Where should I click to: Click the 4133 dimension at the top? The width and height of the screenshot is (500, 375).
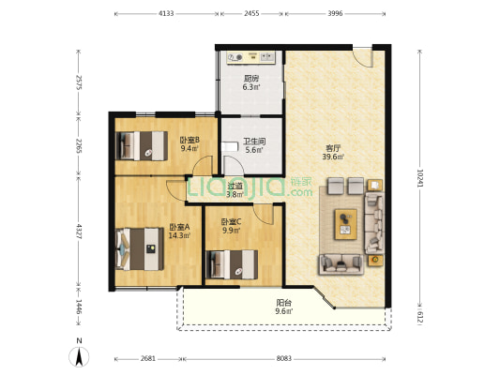(x=166, y=14)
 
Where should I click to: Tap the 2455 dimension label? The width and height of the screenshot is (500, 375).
(x=251, y=14)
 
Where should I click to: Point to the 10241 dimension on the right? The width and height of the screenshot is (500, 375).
(x=420, y=178)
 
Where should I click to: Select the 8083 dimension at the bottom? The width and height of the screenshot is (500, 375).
(x=284, y=359)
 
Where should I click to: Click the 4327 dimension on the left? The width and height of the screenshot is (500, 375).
(x=79, y=232)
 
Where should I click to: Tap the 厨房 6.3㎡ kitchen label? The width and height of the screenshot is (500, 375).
(x=251, y=82)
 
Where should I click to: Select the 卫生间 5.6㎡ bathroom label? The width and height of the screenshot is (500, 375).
(x=254, y=145)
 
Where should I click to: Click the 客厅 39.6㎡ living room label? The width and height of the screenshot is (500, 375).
(x=333, y=152)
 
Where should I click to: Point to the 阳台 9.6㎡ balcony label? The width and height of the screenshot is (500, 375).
(x=284, y=307)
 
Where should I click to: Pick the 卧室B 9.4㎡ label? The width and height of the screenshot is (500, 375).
(x=189, y=144)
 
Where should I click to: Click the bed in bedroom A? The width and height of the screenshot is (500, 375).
(x=140, y=248)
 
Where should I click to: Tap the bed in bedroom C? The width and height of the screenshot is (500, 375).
(x=232, y=264)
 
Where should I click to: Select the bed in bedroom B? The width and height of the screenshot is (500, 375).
(x=142, y=146)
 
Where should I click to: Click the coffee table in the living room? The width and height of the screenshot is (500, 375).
(x=345, y=224)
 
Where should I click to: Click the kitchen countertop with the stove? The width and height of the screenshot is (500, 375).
(x=250, y=58)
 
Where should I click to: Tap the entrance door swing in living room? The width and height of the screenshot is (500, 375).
(x=363, y=57)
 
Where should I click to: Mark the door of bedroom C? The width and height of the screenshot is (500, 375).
(x=264, y=214)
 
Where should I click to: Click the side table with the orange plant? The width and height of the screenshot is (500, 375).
(x=375, y=260)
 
